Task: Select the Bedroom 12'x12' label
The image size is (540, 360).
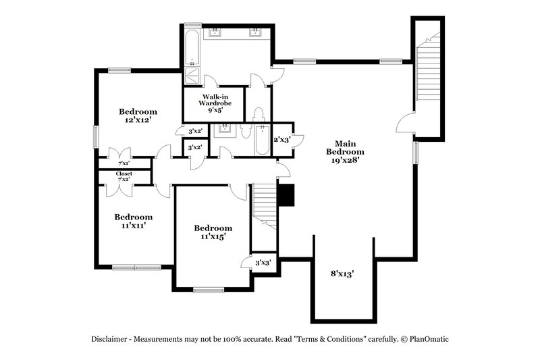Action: click(x=138, y=115)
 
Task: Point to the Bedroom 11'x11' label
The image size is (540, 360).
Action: click(x=133, y=222)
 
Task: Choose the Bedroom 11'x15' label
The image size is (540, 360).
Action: click(x=213, y=232)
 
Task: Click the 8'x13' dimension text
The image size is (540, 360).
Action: click(x=343, y=274)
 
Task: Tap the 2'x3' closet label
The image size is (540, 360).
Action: click(x=281, y=140)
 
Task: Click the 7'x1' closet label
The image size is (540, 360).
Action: click(x=124, y=163)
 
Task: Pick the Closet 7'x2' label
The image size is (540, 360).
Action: click(x=124, y=177)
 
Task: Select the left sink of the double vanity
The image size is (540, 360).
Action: click(x=218, y=32)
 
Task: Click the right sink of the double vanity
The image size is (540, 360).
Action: click(x=256, y=32)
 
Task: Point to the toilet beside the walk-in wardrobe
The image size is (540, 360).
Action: click(x=258, y=115)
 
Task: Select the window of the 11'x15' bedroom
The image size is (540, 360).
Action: click(x=209, y=290)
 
